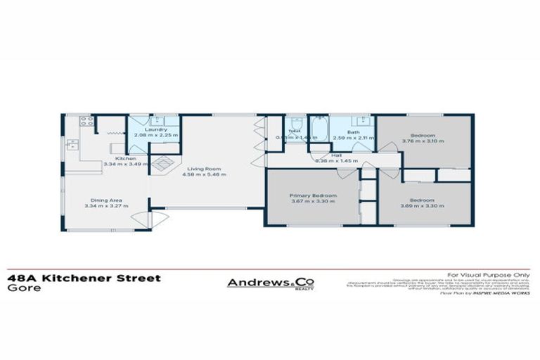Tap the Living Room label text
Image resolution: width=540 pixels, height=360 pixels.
pyautogui.click(x=204, y=169)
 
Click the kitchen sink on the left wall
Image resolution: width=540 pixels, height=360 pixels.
pyautogui.click(x=72, y=145)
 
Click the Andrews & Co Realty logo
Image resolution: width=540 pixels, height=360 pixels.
pyautogui.click(x=270, y=283)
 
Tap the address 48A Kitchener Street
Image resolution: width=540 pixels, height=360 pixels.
pyautogui.click(x=84, y=278)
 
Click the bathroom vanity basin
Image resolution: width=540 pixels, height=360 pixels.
pyautogui.click(x=355, y=120)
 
